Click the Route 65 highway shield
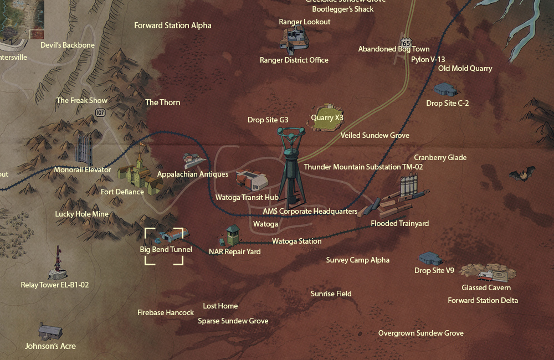point(407,43)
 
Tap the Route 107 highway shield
point(100,112)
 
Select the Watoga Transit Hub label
point(247,197)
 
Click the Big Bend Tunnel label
point(166,249)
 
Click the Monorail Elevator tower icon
point(84,148)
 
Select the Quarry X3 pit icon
point(326,117)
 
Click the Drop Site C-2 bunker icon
point(445,89)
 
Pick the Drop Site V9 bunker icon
point(430,258)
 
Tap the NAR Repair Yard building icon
point(232,236)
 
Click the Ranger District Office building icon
point(294,40)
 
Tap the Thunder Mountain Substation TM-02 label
point(363,167)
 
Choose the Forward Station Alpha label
point(173,25)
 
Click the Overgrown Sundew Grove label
point(420,333)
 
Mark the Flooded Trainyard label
point(399,223)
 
